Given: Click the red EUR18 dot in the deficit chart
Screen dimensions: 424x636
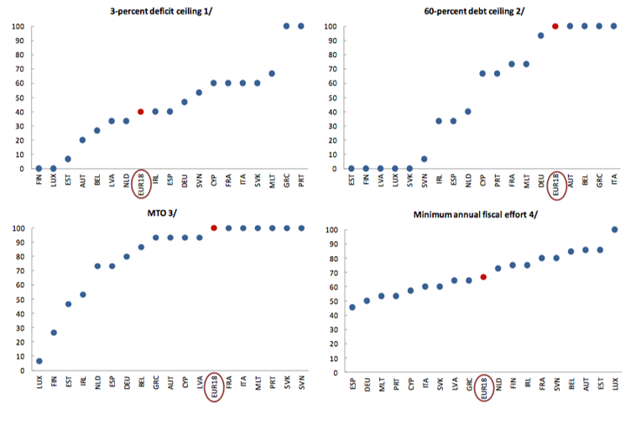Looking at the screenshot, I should (x=141, y=112).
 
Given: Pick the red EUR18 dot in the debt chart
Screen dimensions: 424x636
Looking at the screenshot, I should (x=555, y=26).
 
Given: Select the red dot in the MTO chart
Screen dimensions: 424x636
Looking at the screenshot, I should (x=214, y=228).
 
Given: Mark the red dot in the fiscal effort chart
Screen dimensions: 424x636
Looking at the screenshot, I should (x=483, y=277).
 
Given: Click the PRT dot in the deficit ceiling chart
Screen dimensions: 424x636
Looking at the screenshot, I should (x=301, y=26).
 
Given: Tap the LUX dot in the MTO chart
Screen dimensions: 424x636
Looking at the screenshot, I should (x=39, y=361).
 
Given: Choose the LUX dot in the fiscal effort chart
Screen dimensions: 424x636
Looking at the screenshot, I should (x=614, y=229).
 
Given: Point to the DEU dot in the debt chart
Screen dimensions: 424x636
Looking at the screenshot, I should (x=540, y=35).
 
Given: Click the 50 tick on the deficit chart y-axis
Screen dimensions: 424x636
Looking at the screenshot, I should (x=18, y=97).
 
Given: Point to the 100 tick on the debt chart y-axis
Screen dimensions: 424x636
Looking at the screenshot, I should (x=331, y=26).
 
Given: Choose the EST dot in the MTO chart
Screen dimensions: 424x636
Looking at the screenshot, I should (x=68, y=304).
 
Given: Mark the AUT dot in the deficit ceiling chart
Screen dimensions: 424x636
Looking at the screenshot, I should (x=82, y=140).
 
